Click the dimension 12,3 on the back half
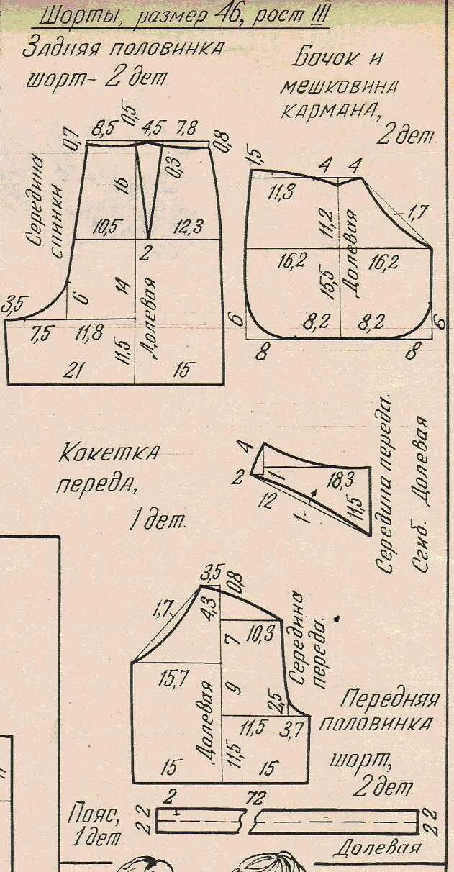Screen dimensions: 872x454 tap(189, 227)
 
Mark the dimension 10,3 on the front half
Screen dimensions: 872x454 tap(260, 634)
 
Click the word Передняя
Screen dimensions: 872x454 tap(390, 699)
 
